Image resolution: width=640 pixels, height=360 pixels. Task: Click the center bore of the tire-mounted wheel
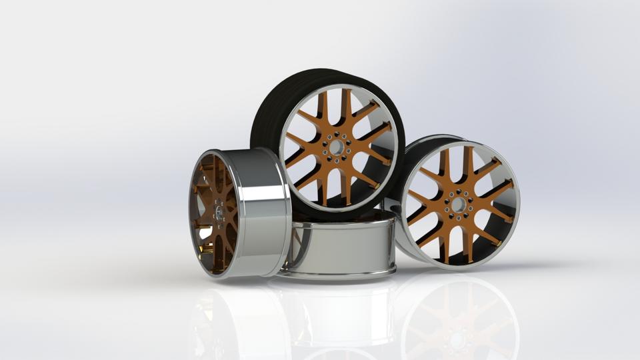pos(337,147)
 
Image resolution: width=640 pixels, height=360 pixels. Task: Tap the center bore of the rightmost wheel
pos(459,205)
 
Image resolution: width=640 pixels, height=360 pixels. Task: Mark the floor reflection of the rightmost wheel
pos(460,320)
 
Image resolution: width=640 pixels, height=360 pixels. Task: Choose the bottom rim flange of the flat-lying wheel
pos(340,272)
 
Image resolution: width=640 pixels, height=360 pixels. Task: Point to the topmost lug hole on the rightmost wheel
pos(459,191)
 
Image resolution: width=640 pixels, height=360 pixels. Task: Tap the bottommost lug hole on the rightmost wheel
pos(459,217)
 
